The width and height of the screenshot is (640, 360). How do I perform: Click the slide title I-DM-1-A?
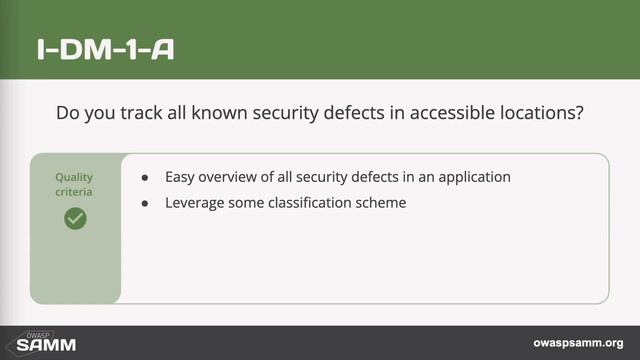[104, 49]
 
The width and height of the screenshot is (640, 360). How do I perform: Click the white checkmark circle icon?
[75, 217]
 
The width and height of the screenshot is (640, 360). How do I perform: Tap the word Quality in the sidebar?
[75, 177]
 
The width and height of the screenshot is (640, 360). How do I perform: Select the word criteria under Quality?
[75, 191]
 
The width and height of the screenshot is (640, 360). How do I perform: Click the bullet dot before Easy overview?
[146, 178]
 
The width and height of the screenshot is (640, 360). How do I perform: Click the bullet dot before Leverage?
[146, 202]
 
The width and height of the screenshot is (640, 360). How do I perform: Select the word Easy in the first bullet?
[181, 177]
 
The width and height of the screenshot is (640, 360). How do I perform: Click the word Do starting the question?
[67, 113]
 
